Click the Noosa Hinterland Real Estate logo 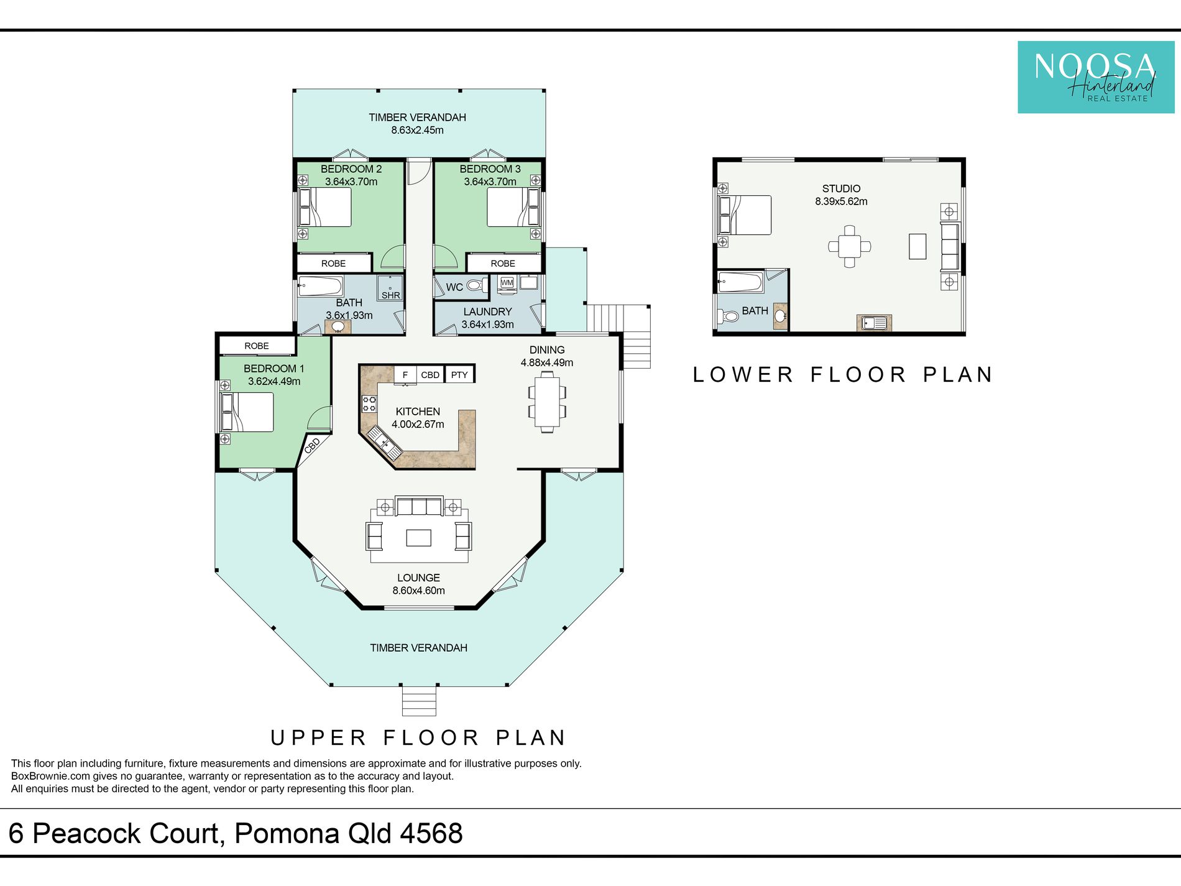[1096, 77]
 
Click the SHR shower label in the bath [391, 295]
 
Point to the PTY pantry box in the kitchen [459, 374]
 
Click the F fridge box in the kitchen [405, 374]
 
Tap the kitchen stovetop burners [369, 404]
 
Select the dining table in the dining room [547, 402]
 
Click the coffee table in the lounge [419, 537]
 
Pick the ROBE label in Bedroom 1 [257, 346]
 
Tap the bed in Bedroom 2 [325, 207]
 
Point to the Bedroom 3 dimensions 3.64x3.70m [490, 182]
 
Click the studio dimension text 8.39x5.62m [841, 201]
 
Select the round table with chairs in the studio [850, 247]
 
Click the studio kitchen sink [874, 323]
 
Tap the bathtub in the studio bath [740, 282]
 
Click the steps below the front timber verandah [419, 701]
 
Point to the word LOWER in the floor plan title [743, 374]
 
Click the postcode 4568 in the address [431, 833]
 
